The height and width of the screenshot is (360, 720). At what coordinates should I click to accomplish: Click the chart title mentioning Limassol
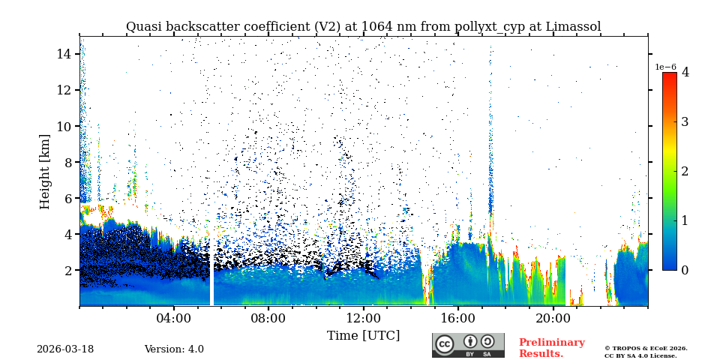click(363, 27)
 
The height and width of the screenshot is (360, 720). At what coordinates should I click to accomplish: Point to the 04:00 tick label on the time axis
click(173, 318)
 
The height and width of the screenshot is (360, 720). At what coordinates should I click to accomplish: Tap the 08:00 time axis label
click(268, 318)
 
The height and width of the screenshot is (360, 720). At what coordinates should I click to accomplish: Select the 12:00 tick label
click(363, 318)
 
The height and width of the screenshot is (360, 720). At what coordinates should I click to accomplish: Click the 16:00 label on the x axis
click(457, 318)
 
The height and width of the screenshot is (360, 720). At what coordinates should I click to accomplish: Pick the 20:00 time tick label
click(552, 318)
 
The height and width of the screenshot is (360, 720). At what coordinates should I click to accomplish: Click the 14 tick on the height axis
click(64, 54)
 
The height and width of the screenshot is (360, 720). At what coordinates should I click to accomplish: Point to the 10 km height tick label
click(64, 126)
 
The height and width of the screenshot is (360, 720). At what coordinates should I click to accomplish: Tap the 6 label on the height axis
click(67, 198)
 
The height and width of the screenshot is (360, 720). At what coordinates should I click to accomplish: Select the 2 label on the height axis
click(67, 270)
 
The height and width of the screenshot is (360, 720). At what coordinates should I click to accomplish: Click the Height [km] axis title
click(45, 171)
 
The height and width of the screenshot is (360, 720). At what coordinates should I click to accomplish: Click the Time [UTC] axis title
click(363, 335)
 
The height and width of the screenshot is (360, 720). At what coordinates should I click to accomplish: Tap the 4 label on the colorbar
click(685, 73)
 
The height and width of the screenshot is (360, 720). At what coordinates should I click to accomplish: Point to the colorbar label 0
click(685, 270)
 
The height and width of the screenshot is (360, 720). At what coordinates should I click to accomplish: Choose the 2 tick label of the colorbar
click(685, 171)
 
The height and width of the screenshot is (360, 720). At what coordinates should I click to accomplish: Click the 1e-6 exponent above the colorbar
click(666, 67)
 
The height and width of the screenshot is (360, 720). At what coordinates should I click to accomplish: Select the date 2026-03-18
click(65, 349)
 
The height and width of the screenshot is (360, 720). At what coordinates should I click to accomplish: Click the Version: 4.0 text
click(174, 349)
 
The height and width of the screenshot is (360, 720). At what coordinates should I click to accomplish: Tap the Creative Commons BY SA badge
click(468, 345)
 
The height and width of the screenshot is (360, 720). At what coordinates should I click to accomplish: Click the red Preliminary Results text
click(551, 348)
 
